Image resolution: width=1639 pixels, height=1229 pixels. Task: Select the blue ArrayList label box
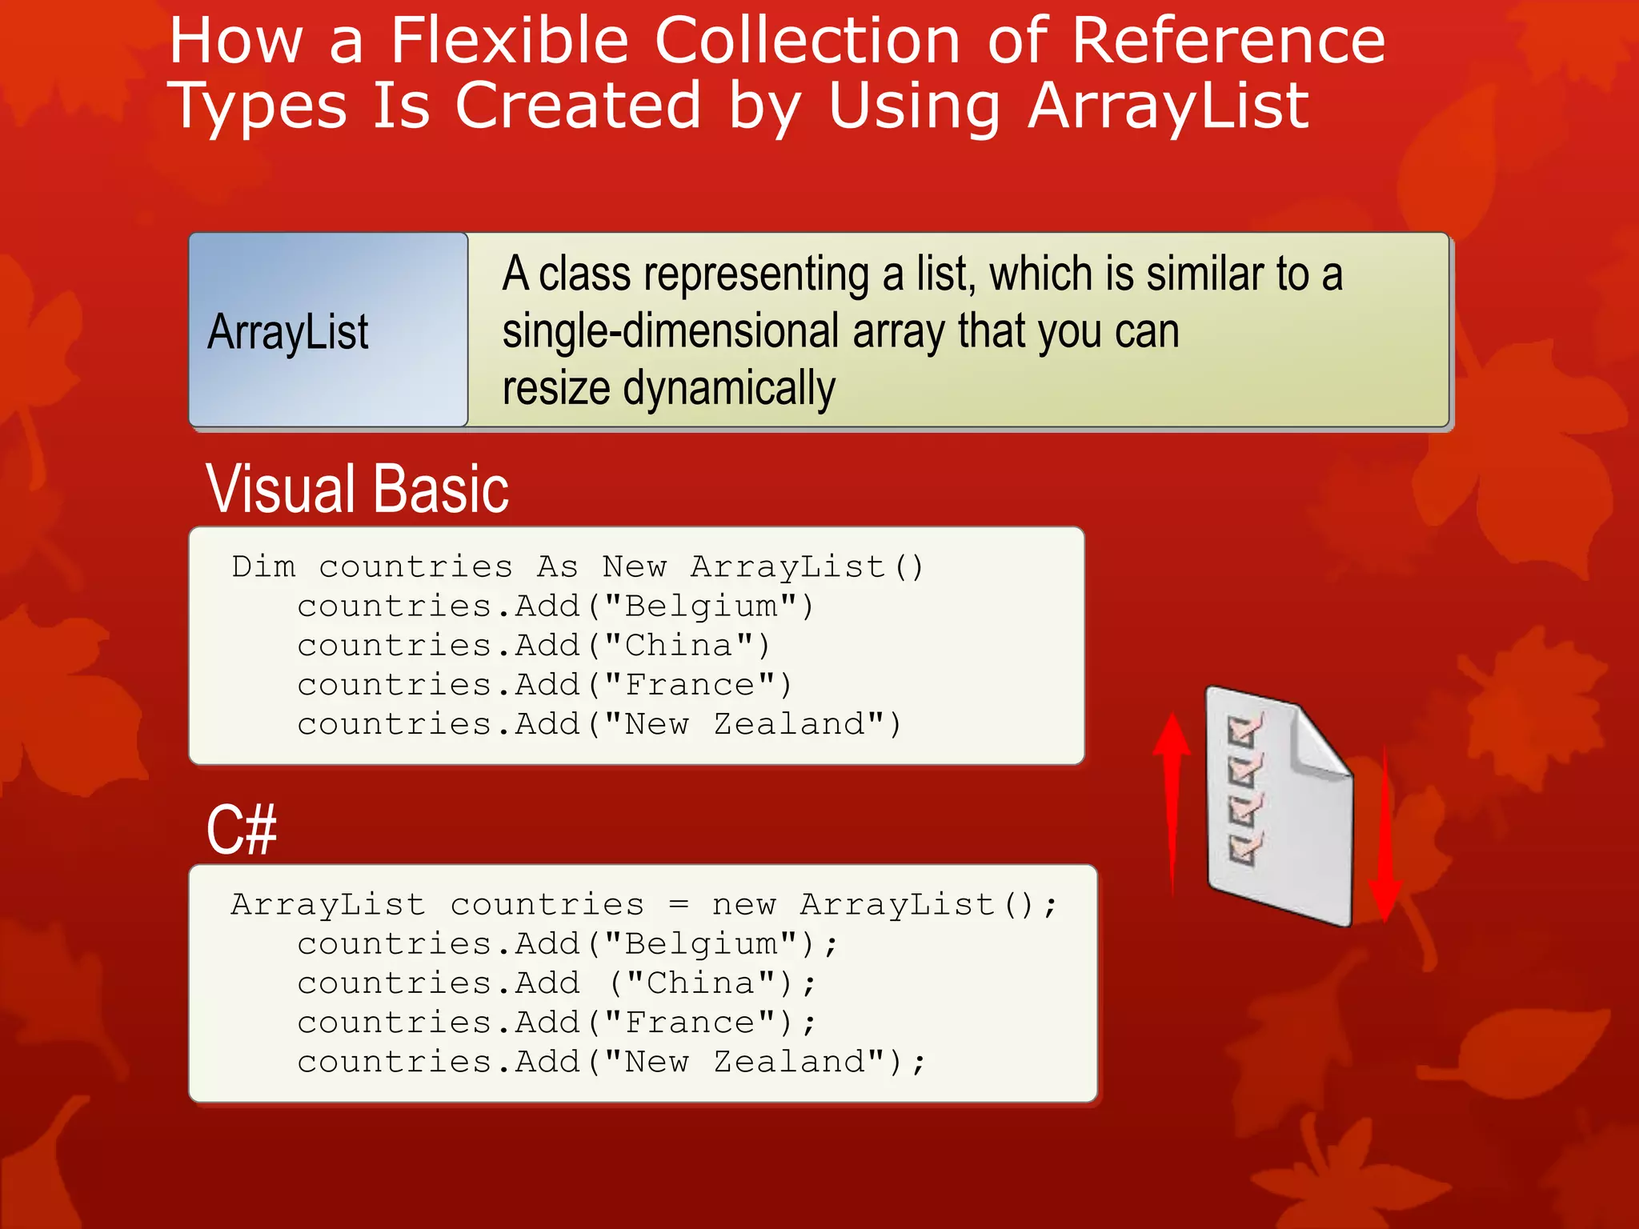point(328,330)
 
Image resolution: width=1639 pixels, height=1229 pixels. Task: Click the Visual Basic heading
point(357,489)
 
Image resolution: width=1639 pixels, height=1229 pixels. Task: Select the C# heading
point(241,830)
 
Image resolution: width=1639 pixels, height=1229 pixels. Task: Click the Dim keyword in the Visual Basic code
point(263,567)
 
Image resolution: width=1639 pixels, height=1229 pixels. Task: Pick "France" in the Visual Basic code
point(689,685)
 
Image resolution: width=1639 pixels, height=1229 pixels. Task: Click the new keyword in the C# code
point(743,905)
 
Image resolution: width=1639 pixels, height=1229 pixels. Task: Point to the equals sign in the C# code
point(678,905)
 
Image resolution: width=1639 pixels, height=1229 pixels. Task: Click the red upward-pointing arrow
point(1172,800)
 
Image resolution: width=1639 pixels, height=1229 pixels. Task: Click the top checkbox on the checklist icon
point(1243,731)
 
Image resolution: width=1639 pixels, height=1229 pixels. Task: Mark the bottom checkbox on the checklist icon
point(1243,849)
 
